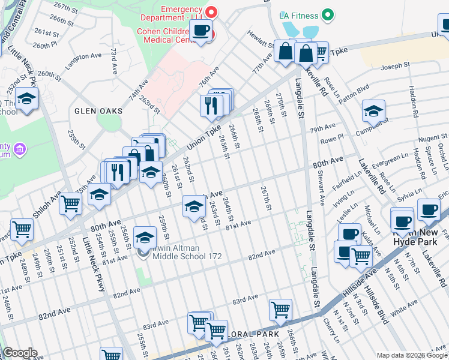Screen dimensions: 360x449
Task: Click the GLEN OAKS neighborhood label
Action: (x=98, y=111)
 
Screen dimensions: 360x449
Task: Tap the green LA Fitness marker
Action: (x=327, y=14)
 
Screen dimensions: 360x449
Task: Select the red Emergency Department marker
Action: (x=211, y=11)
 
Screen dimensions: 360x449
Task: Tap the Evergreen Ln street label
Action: (x=391, y=158)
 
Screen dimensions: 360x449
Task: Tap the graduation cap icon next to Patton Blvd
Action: (x=373, y=111)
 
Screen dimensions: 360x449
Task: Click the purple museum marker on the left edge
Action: (x=19, y=148)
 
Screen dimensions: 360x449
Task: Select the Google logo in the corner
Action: (x=20, y=353)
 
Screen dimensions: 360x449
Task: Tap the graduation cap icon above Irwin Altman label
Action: (x=145, y=238)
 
